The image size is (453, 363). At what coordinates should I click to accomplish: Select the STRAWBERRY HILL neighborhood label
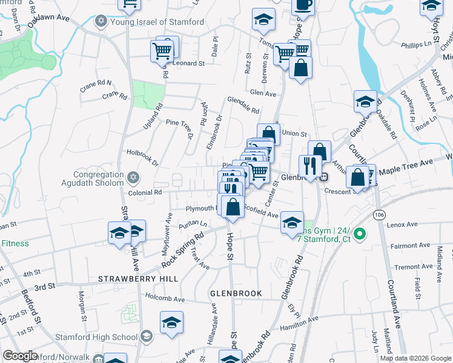139,278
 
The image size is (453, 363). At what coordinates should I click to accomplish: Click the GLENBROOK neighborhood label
236,293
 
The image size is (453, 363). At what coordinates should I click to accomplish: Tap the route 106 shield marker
379,215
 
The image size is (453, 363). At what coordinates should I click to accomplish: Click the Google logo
21,356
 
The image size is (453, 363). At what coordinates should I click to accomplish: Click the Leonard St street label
188,63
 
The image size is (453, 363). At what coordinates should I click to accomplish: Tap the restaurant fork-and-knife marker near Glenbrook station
309,166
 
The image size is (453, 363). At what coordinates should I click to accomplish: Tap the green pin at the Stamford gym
359,233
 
